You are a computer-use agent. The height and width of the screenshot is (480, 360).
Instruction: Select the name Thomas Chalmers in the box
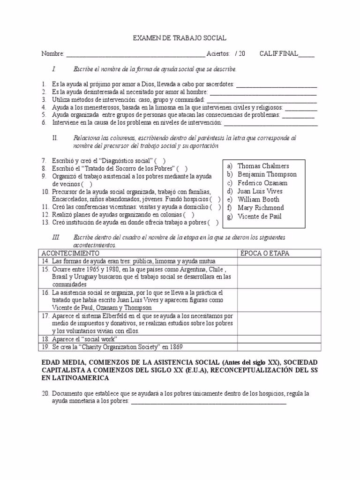263,166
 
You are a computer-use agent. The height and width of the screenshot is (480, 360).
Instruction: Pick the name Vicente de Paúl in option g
260,216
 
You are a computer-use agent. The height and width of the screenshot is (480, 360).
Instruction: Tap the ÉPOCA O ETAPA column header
265,253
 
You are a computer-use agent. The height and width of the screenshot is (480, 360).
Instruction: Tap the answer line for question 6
270,124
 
